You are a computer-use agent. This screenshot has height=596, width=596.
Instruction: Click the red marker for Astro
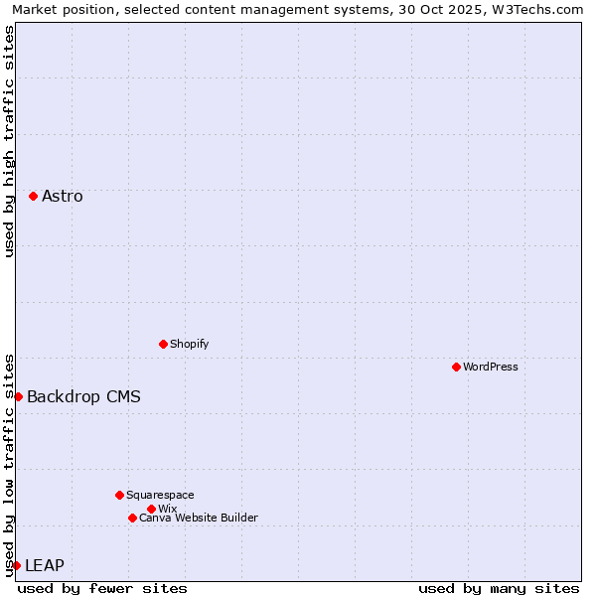[x=33, y=196]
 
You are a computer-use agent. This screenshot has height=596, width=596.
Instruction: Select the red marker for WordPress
[x=456, y=367]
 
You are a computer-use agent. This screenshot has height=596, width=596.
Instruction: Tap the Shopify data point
[x=163, y=344]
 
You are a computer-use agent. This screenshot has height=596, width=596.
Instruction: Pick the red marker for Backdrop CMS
[x=18, y=396]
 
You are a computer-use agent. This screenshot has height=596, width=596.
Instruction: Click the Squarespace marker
[x=119, y=495]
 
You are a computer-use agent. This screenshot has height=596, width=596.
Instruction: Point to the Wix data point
[x=151, y=509]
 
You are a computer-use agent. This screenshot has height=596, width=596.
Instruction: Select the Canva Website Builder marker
[x=132, y=518]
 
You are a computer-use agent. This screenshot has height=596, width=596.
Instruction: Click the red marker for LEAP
[x=16, y=565]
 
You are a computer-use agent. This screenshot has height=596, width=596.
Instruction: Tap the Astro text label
[x=63, y=196]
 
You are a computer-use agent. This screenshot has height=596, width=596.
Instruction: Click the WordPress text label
[x=491, y=367]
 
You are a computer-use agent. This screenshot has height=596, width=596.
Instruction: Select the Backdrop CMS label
[x=83, y=396]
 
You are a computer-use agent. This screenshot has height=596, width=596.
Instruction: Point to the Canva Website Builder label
[x=199, y=518]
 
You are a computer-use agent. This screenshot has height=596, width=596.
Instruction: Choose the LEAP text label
[x=45, y=565]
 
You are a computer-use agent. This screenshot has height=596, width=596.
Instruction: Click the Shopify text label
[x=189, y=344]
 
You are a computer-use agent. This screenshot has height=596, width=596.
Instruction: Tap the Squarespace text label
[x=160, y=495]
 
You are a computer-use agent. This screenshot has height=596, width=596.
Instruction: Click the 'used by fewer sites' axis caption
[x=102, y=588]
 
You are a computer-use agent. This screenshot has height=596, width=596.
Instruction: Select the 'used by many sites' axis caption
[x=499, y=588]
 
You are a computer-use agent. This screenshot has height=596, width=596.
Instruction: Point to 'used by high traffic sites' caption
[x=9, y=141]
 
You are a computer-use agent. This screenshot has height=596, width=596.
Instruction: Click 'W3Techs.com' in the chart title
[x=542, y=9]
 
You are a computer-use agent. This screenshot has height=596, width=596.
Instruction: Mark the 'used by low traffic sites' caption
[x=9, y=464]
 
